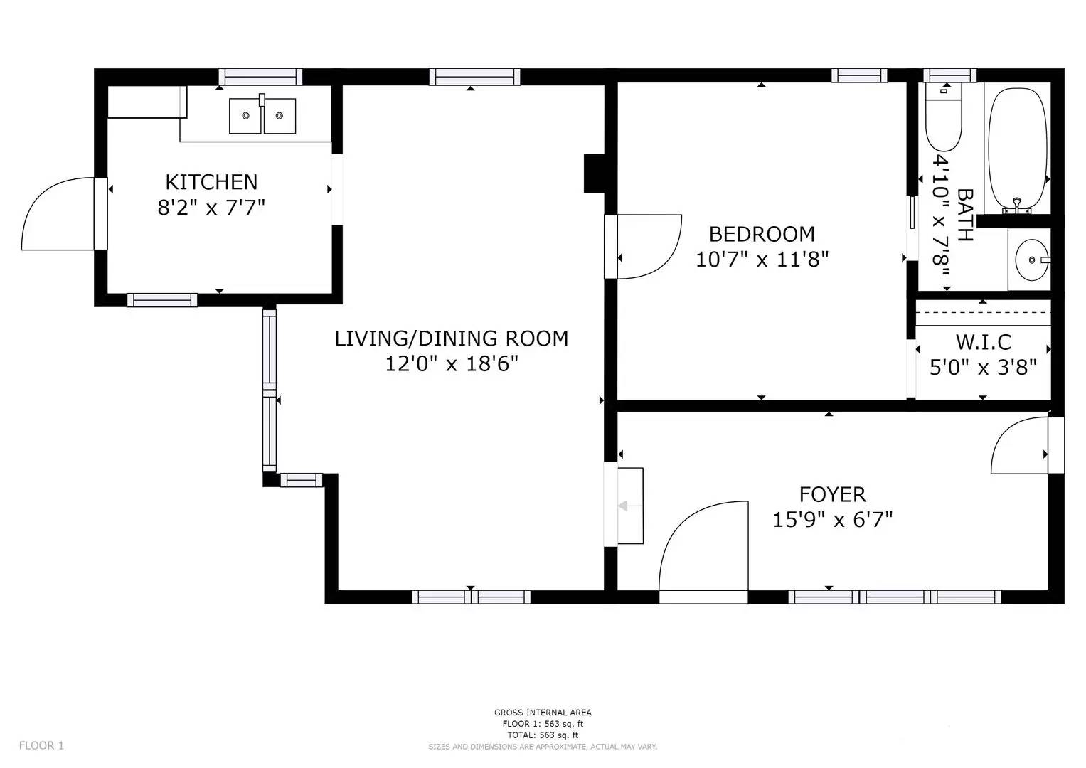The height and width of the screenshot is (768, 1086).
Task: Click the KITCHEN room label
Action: pos(211,182)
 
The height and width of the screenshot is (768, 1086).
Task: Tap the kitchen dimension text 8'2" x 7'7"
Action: pos(211,208)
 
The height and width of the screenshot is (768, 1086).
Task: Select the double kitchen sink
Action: pos(262,116)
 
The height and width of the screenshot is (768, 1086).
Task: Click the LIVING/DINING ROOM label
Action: pos(451,338)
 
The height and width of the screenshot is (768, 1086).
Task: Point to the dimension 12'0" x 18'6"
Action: pos(451,364)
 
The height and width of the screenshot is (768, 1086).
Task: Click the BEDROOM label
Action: pos(762,233)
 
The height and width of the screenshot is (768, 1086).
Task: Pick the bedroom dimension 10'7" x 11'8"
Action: pos(762,260)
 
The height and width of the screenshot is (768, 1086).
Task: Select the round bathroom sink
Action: pos(1031,260)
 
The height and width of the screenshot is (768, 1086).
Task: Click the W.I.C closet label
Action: pos(983,342)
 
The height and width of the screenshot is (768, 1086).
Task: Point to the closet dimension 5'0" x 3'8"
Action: pos(983,368)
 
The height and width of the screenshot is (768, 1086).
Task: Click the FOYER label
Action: pos(832,494)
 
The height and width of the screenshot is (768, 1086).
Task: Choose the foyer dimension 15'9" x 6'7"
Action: pos(832,520)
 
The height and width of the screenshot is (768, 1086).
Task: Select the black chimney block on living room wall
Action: pos(593,173)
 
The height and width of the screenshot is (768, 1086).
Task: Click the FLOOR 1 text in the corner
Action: pos(41,745)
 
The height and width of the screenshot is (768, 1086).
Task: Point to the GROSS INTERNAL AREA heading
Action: pos(543,713)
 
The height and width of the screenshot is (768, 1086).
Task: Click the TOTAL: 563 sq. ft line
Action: pos(543,735)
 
